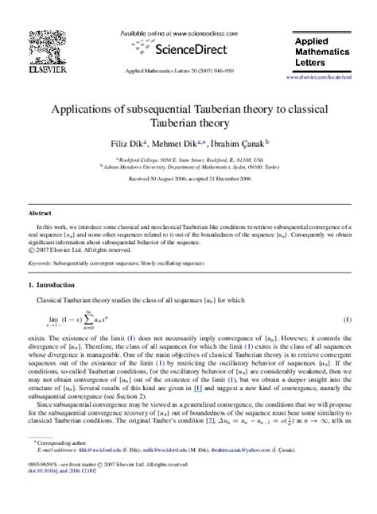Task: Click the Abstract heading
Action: [39, 214]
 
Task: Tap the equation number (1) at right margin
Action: [347, 319]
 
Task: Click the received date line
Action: [188, 180]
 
